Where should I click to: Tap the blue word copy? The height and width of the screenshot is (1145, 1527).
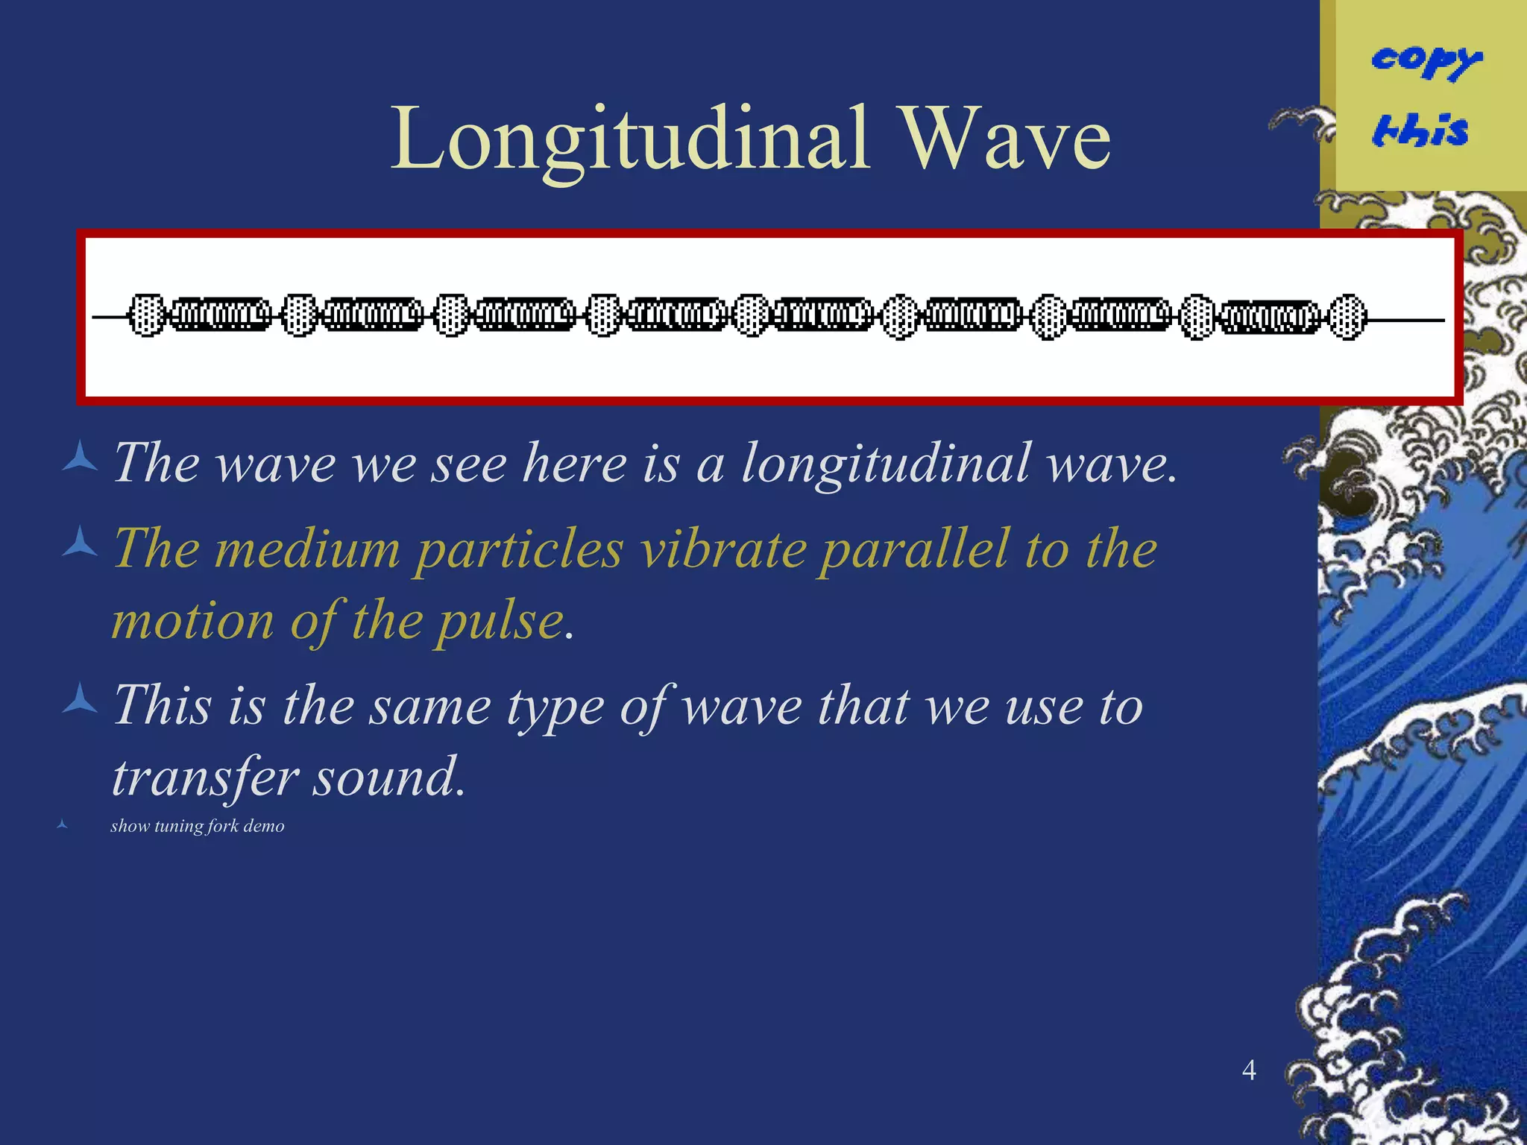[1426, 60]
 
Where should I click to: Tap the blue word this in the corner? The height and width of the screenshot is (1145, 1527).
[1421, 130]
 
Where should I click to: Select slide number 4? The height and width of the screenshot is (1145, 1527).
[1249, 1070]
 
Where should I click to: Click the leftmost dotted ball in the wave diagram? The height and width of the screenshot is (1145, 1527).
[146, 316]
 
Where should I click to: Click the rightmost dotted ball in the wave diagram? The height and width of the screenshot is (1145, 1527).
[1347, 318]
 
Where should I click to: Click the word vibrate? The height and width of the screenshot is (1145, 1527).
[723, 549]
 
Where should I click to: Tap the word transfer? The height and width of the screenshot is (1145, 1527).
[204, 777]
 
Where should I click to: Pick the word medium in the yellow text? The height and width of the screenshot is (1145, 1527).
[307, 549]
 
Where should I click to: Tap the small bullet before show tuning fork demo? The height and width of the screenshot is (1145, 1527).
[63, 824]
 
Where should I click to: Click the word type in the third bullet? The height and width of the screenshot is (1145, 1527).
[555, 707]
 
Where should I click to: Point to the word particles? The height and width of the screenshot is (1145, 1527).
[519, 549]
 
